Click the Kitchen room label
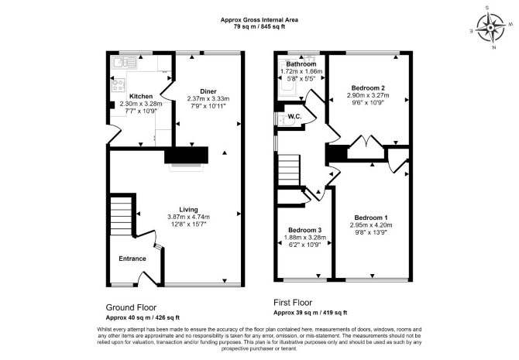click(141, 96)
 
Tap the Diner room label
click(208, 91)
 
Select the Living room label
click(189, 210)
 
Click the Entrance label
click(132, 259)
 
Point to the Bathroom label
click(301, 63)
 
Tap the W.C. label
click(294, 116)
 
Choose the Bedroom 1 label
click(371, 218)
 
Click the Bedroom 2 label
click(368, 87)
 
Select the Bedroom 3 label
click(305, 230)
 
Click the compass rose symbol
click(490, 27)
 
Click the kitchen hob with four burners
click(119, 84)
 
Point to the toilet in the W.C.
click(286, 122)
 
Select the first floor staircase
click(289, 170)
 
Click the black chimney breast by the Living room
click(187, 155)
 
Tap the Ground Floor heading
click(131, 307)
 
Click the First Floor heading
click(293, 303)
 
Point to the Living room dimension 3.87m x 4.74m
click(189, 217)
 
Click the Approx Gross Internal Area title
click(259, 20)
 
